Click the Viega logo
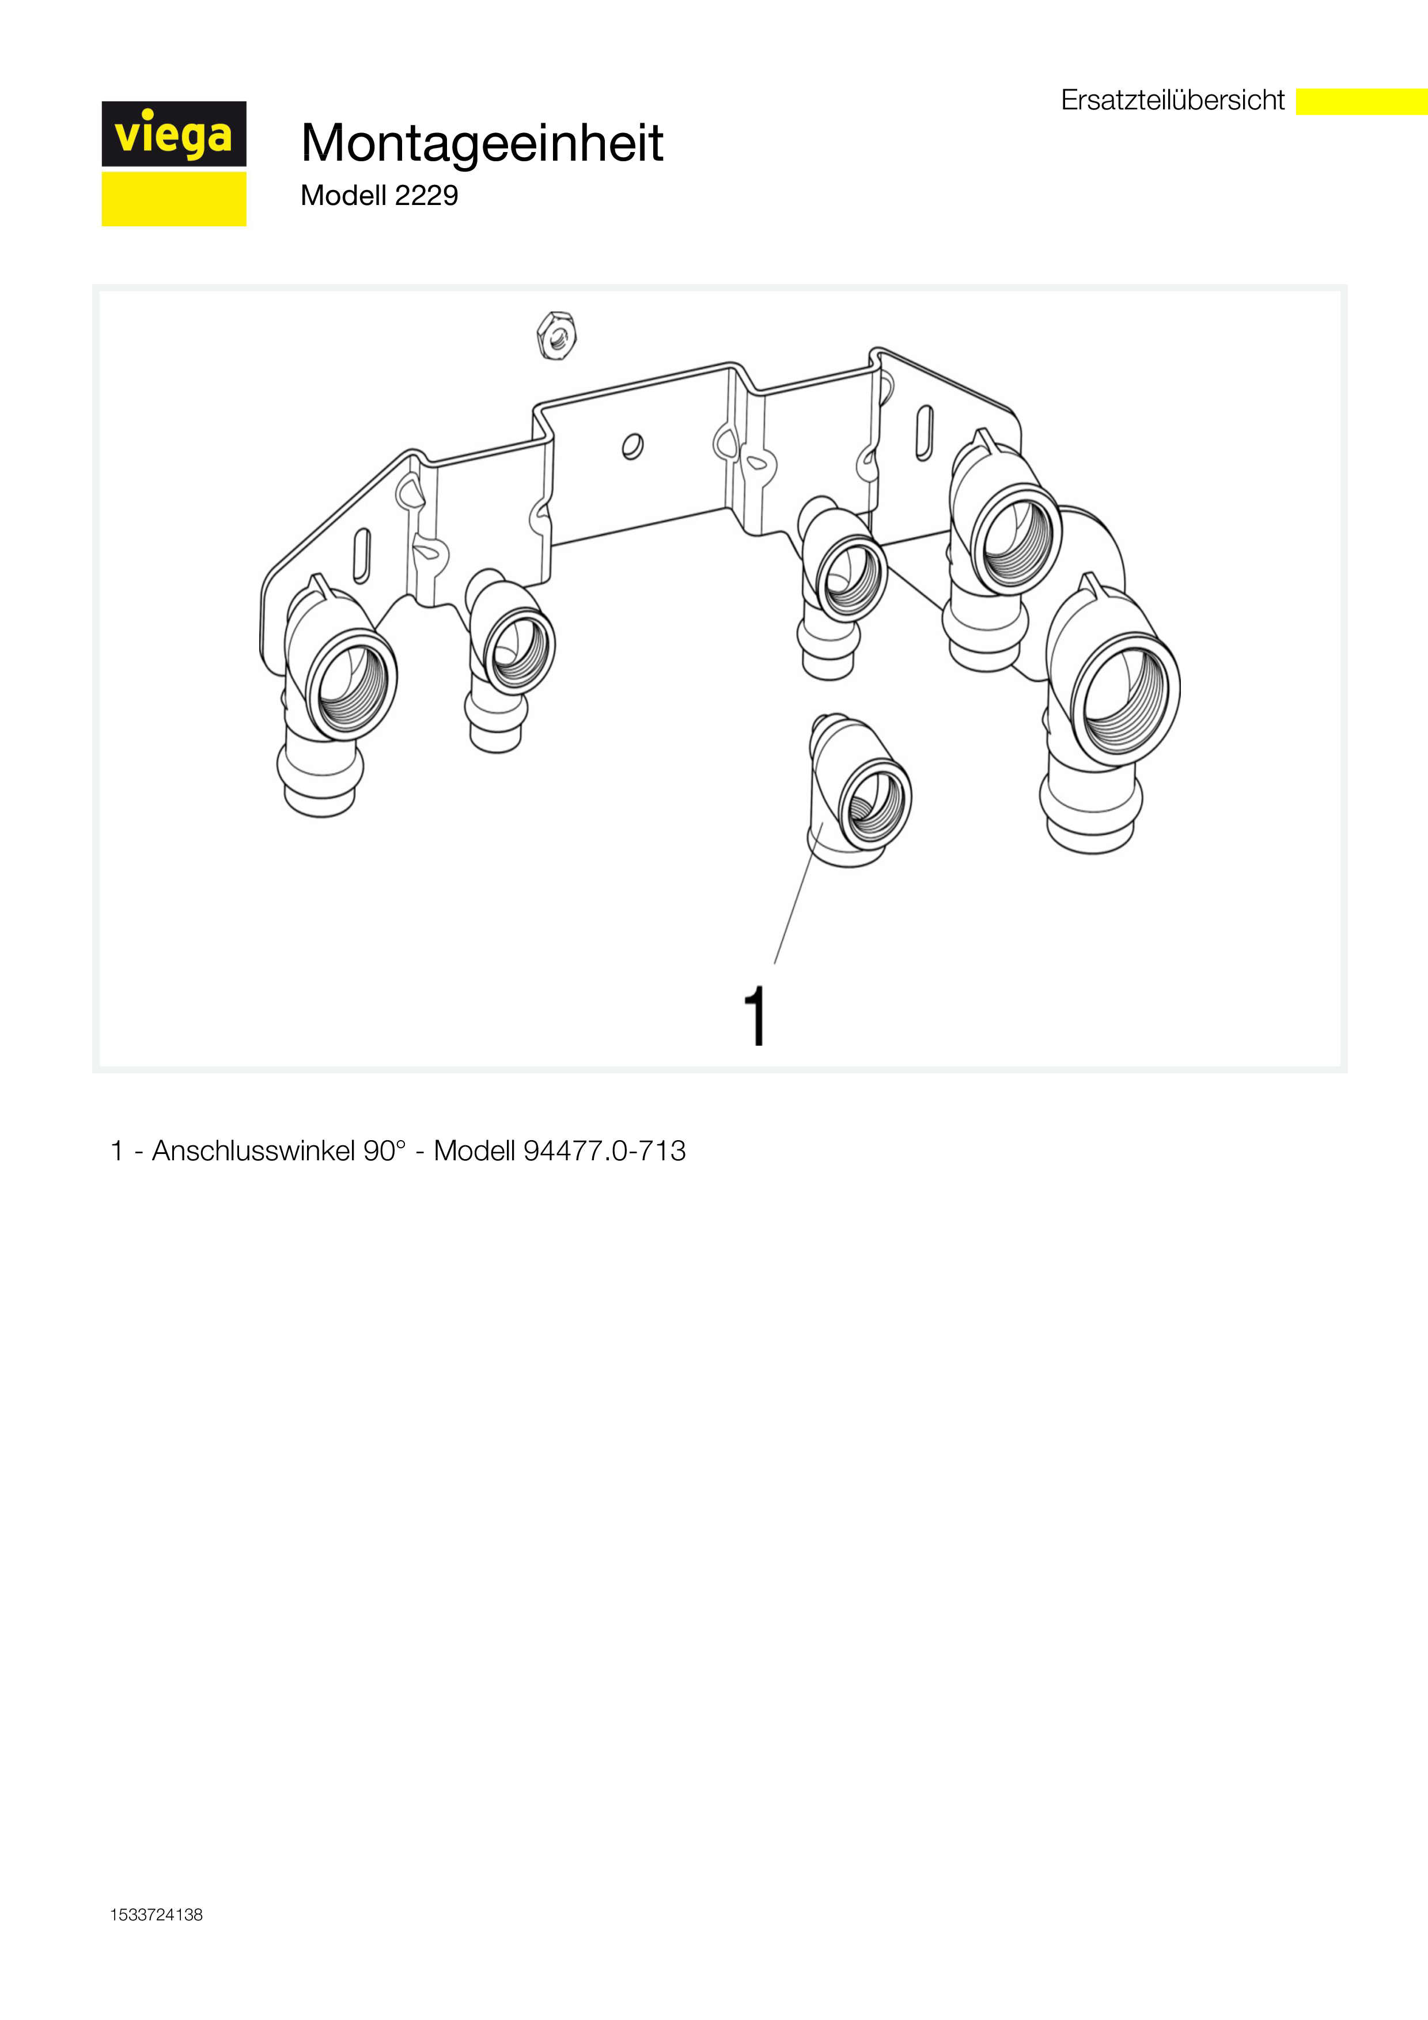(x=174, y=164)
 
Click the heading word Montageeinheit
(x=482, y=143)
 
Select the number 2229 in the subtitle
(x=427, y=195)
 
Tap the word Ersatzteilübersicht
(x=1173, y=100)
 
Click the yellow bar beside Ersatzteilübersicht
(x=1362, y=101)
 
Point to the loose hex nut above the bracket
(x=556, y=335)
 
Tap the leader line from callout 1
(x=798, y=893)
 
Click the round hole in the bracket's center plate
(x=632, y=447)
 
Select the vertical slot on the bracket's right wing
(x=924, y=433)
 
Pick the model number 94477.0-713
(x=604, y=1151)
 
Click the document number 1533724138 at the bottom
(x=157, y=1915)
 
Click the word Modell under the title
(x=343, y=195)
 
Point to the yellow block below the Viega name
(x=174, y=199)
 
